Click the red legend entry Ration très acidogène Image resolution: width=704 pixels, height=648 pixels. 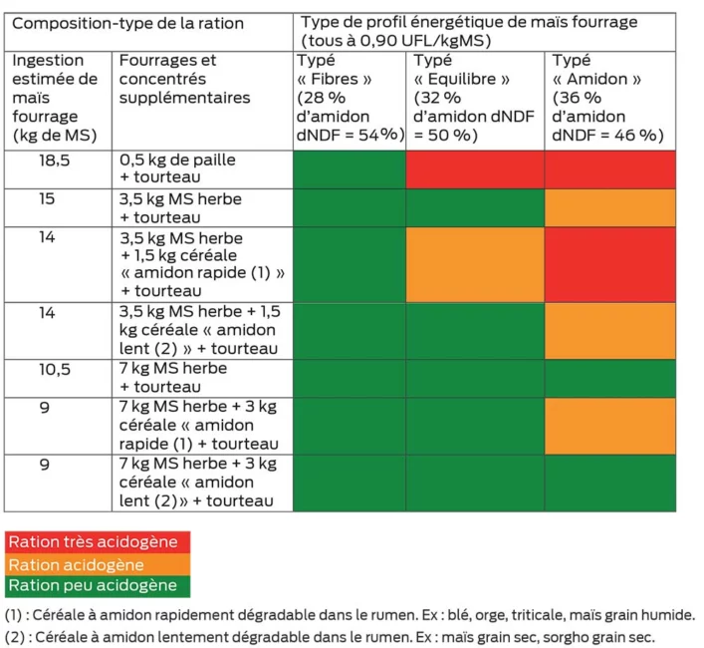tap(97, 542)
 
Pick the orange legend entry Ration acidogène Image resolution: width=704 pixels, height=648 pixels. tap(97, 564)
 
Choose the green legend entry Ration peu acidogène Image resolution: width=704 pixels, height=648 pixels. tap(97, 586)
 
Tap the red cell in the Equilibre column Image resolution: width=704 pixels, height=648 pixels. tap(475, 168)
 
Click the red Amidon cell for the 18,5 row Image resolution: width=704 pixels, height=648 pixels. tap(610, 168)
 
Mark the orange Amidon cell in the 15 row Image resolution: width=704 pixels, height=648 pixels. tap(610, 207)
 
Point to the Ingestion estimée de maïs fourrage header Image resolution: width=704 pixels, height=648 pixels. tap(58, 98)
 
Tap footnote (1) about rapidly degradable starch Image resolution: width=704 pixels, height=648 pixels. tap(350, 615)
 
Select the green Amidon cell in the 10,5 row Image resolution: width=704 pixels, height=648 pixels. tap(610, 378)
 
